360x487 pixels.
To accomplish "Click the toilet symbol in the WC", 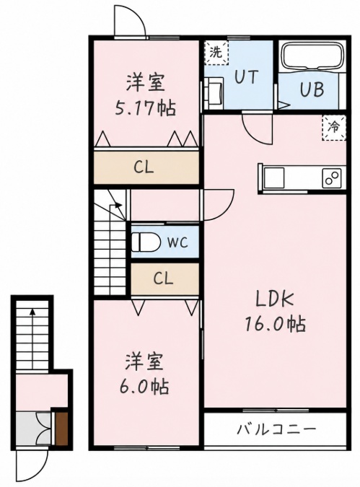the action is pyautogui.click(x=145, y=242).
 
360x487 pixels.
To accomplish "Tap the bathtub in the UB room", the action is pyautogui.click(x=313, y=56).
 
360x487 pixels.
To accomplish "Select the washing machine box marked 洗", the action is pyautogui.click(x=216, y=53).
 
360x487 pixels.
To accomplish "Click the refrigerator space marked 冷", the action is pyautogui.click(x=334, y=128).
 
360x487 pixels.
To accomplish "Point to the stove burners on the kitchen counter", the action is pyautogui.click(x=332, y=177).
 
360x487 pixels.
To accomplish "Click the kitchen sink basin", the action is pyautogui.click(x=274, y=177).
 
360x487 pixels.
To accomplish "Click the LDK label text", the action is pyautogui.click(x=274, y=299).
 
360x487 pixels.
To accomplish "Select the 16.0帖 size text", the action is pyautogui.click(x=275, y=324).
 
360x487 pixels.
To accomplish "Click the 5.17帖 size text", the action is pyautogui.click(x=145, y=108).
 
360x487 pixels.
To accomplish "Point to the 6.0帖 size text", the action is pyautogui.click(x=145, y=387).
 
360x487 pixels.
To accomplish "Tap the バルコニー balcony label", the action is pyautogui.click(x=276, y=430).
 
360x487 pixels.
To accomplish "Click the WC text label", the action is pyautogui.click(x=177, y=242).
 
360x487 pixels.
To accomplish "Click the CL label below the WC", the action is pyautogui.click(x=163, y=278).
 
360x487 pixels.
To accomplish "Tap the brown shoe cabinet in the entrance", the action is pyautogui.click(x=62, y=429).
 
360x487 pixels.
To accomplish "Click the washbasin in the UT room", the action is pyautogui.click(x=214, y=94).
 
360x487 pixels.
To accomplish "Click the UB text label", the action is pyautogui.click(x=312, y=89).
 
